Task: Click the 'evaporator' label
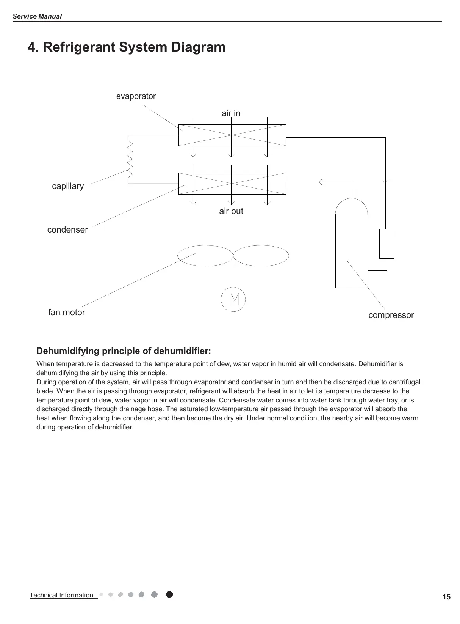click(x=136, y=96)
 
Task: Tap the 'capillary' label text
click(x=68, y=186)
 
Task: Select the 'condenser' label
click(x=67, y=230)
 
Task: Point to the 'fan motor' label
click(x=66, y=313)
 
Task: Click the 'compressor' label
click(x=391, y=315)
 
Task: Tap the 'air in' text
click(x=231, y=113)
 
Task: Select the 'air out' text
click(x=231, y=211)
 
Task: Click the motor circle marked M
click(x=233, y=299)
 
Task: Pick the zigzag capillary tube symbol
click(x=130, y=159)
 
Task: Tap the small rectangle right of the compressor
click(x=387, y=244)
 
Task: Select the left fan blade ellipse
click(x=205, y=256)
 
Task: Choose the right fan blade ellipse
click(x=261, y=256)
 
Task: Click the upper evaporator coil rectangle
click(x=232, y=135)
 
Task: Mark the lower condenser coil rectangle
click(x=232, y=184)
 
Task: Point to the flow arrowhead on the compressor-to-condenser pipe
click(x=321, y=182)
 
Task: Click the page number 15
click(x=446, y=597)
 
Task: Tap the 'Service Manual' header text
click(x=37, y=16)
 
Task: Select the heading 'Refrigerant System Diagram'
click(x=127, y=47)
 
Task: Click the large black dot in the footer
click(x=169, y=594)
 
